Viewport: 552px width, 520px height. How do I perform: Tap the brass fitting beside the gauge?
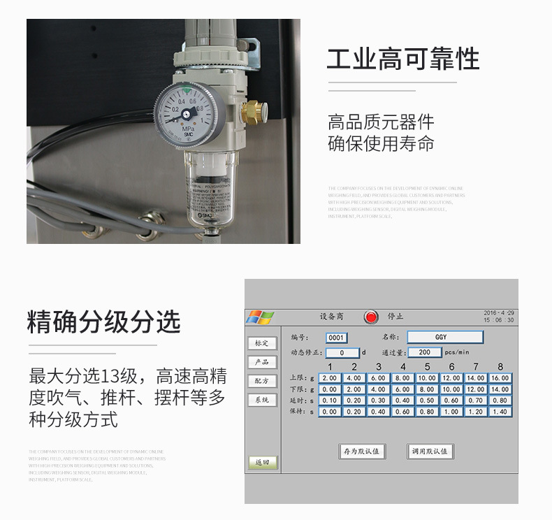pyautogui.click(x=252, y=110)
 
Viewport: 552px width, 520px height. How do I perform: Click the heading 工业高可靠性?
pyautogui.click(x=403, y=59)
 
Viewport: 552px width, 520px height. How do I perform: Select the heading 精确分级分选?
pyautogui.click(x=103, y=322)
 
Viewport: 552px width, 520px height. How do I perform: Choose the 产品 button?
pyautogui.click(x=262, y=362)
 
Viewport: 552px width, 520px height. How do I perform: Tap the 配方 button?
pyautogui.click(x=262, y=381)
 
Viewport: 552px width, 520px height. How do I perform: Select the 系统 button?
pyautogui.click(x=262, y=400)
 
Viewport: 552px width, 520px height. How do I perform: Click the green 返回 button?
pyautogui.click(x=263, y=463)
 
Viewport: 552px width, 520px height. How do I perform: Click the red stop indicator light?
pyautogui.click(x=371, y=317)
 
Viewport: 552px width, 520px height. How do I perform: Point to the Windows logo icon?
pyautogui.click(x=259, y=317)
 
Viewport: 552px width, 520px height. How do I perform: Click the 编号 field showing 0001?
pyautogui.click(x=337, y=338)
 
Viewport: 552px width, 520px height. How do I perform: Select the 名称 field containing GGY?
pyautogui.click(x=444, y=337)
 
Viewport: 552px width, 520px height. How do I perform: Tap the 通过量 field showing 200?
pyautogui.click(x=424, y=353)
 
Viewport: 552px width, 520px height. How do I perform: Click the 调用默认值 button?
pyautogui.click(x=430, y=452)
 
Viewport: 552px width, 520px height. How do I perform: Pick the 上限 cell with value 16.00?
pyautogui.click(x=500, y=378)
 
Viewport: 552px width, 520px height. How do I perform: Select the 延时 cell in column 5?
pyautogui.click(x=427, y=400)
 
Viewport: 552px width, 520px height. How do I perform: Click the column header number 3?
pyautogui.click(x=379, y=367)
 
